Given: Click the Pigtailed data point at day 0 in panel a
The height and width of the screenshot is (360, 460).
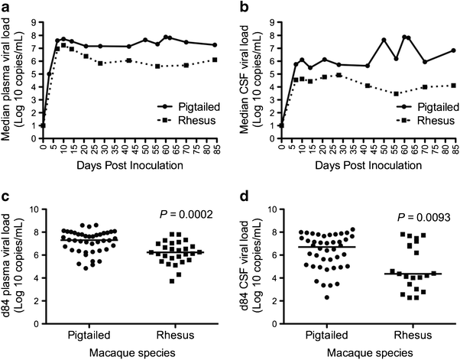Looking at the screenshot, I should point(44,126).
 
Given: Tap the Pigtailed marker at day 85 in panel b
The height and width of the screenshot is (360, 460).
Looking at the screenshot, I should point(453,50).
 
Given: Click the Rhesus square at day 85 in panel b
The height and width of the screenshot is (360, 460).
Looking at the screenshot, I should point(453,85).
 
